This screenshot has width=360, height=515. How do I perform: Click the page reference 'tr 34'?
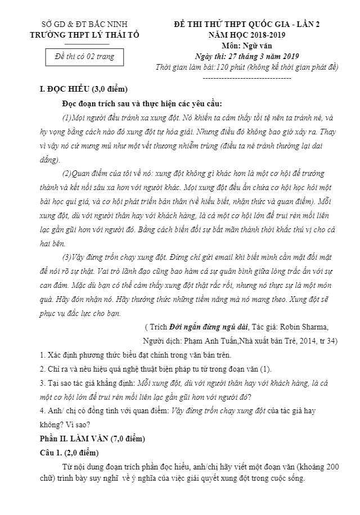[x=327, y=341]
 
